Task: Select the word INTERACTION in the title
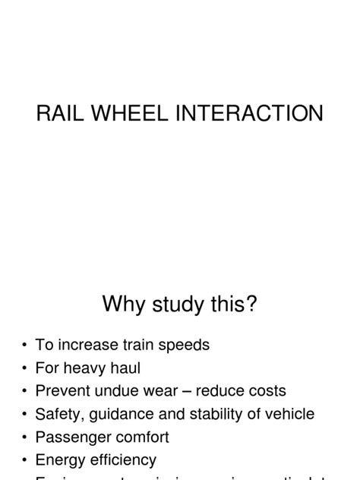click(261, 114)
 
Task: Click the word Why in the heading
click(123, 305)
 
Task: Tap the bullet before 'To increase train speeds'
click(25, 346)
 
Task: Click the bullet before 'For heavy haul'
click(25, 368)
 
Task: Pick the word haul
click(125, 368)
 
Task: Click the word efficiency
click(122, 460)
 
